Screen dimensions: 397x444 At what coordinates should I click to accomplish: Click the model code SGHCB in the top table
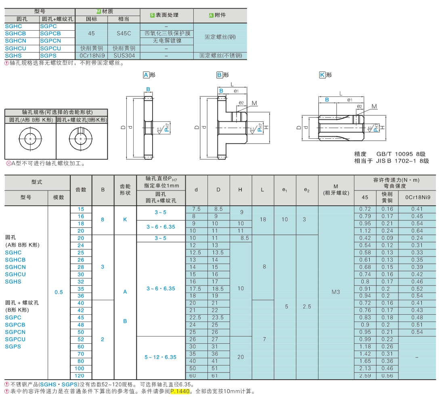click(15, 33)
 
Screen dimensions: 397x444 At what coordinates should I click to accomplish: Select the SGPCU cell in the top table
click(50, 48)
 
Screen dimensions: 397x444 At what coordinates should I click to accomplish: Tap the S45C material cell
click(124, 33)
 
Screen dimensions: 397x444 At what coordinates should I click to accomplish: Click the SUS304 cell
click(124, 56)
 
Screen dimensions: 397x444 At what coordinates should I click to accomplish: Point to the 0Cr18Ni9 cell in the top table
click(92, 56)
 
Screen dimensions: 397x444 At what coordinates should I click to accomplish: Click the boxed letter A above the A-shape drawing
click(146, 75)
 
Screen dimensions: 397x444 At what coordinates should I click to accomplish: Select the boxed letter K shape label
click(322, 75)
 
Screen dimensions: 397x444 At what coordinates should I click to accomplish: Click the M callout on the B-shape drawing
click(254, 103)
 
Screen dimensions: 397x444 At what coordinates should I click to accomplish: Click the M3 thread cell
click(336, 292)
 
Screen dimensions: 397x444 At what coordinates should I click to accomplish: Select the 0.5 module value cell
click(59, 292)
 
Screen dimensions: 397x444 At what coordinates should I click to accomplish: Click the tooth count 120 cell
click(81, 376)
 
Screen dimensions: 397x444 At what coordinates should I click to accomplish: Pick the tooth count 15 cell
click(81, 209)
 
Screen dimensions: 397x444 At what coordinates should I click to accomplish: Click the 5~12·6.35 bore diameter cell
click(161, 357)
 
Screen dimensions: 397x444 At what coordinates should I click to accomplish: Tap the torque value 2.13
click(365, 368)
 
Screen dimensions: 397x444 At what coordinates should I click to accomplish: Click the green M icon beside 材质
click(98, 12)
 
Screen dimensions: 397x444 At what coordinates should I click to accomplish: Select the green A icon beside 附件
click(211, 15)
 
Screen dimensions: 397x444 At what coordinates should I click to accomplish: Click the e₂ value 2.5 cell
click(307, 307)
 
